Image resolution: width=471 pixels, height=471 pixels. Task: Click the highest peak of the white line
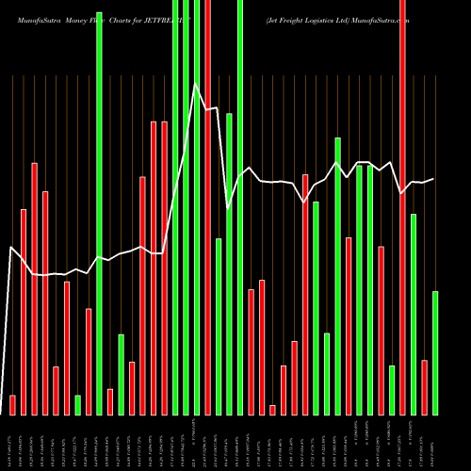coord(196,85)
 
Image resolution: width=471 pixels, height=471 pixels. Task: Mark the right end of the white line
coord(434,179)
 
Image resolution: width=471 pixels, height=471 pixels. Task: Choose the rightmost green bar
coord(434,352)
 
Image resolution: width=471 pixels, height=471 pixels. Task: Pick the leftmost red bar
coord(12,404)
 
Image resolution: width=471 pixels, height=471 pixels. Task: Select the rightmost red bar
coord(424,386)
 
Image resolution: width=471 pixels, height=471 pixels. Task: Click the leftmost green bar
coord(77,404)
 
